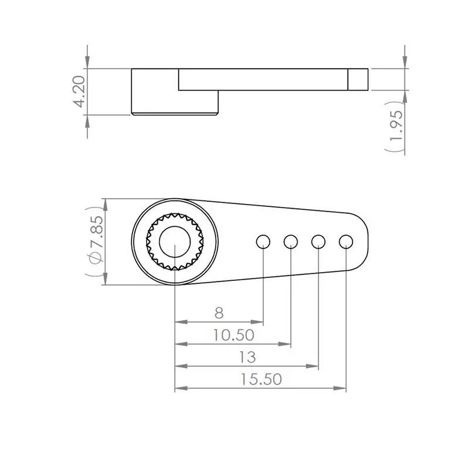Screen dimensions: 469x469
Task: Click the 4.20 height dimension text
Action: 80,91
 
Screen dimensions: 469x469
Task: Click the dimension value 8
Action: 219,312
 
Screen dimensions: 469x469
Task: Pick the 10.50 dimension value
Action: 233,335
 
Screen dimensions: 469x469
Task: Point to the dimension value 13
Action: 247,357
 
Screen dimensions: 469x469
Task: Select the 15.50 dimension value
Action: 261,379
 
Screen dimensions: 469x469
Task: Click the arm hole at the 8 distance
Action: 263,241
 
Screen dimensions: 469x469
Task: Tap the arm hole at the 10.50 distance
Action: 291,241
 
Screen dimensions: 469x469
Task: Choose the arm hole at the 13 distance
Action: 318,241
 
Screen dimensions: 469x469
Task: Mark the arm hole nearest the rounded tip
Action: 346,241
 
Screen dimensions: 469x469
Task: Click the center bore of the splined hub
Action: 175,242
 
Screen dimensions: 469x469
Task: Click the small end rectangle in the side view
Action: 359,79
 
